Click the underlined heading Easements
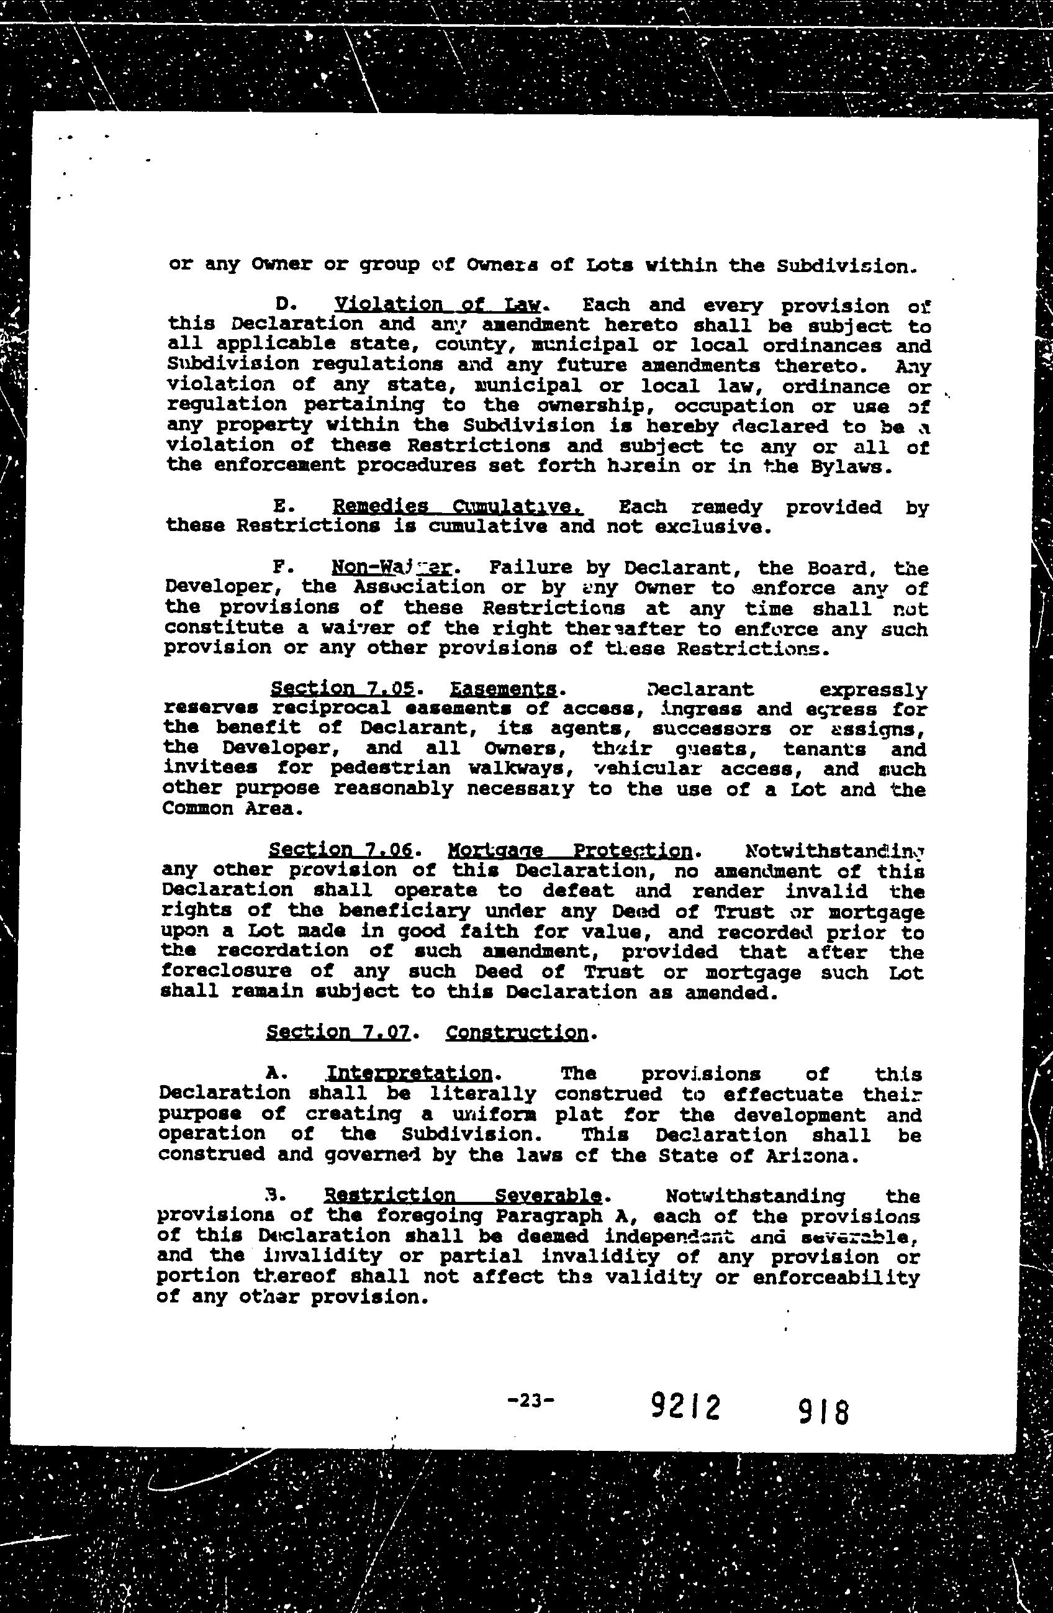click(x=504, y=689)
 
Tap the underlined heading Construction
click(x=518, y=1034)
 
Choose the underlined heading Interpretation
click(x=409, y=1075)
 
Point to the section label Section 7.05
click(x=342, y=689)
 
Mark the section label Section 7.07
click(x=339, y=1034)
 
